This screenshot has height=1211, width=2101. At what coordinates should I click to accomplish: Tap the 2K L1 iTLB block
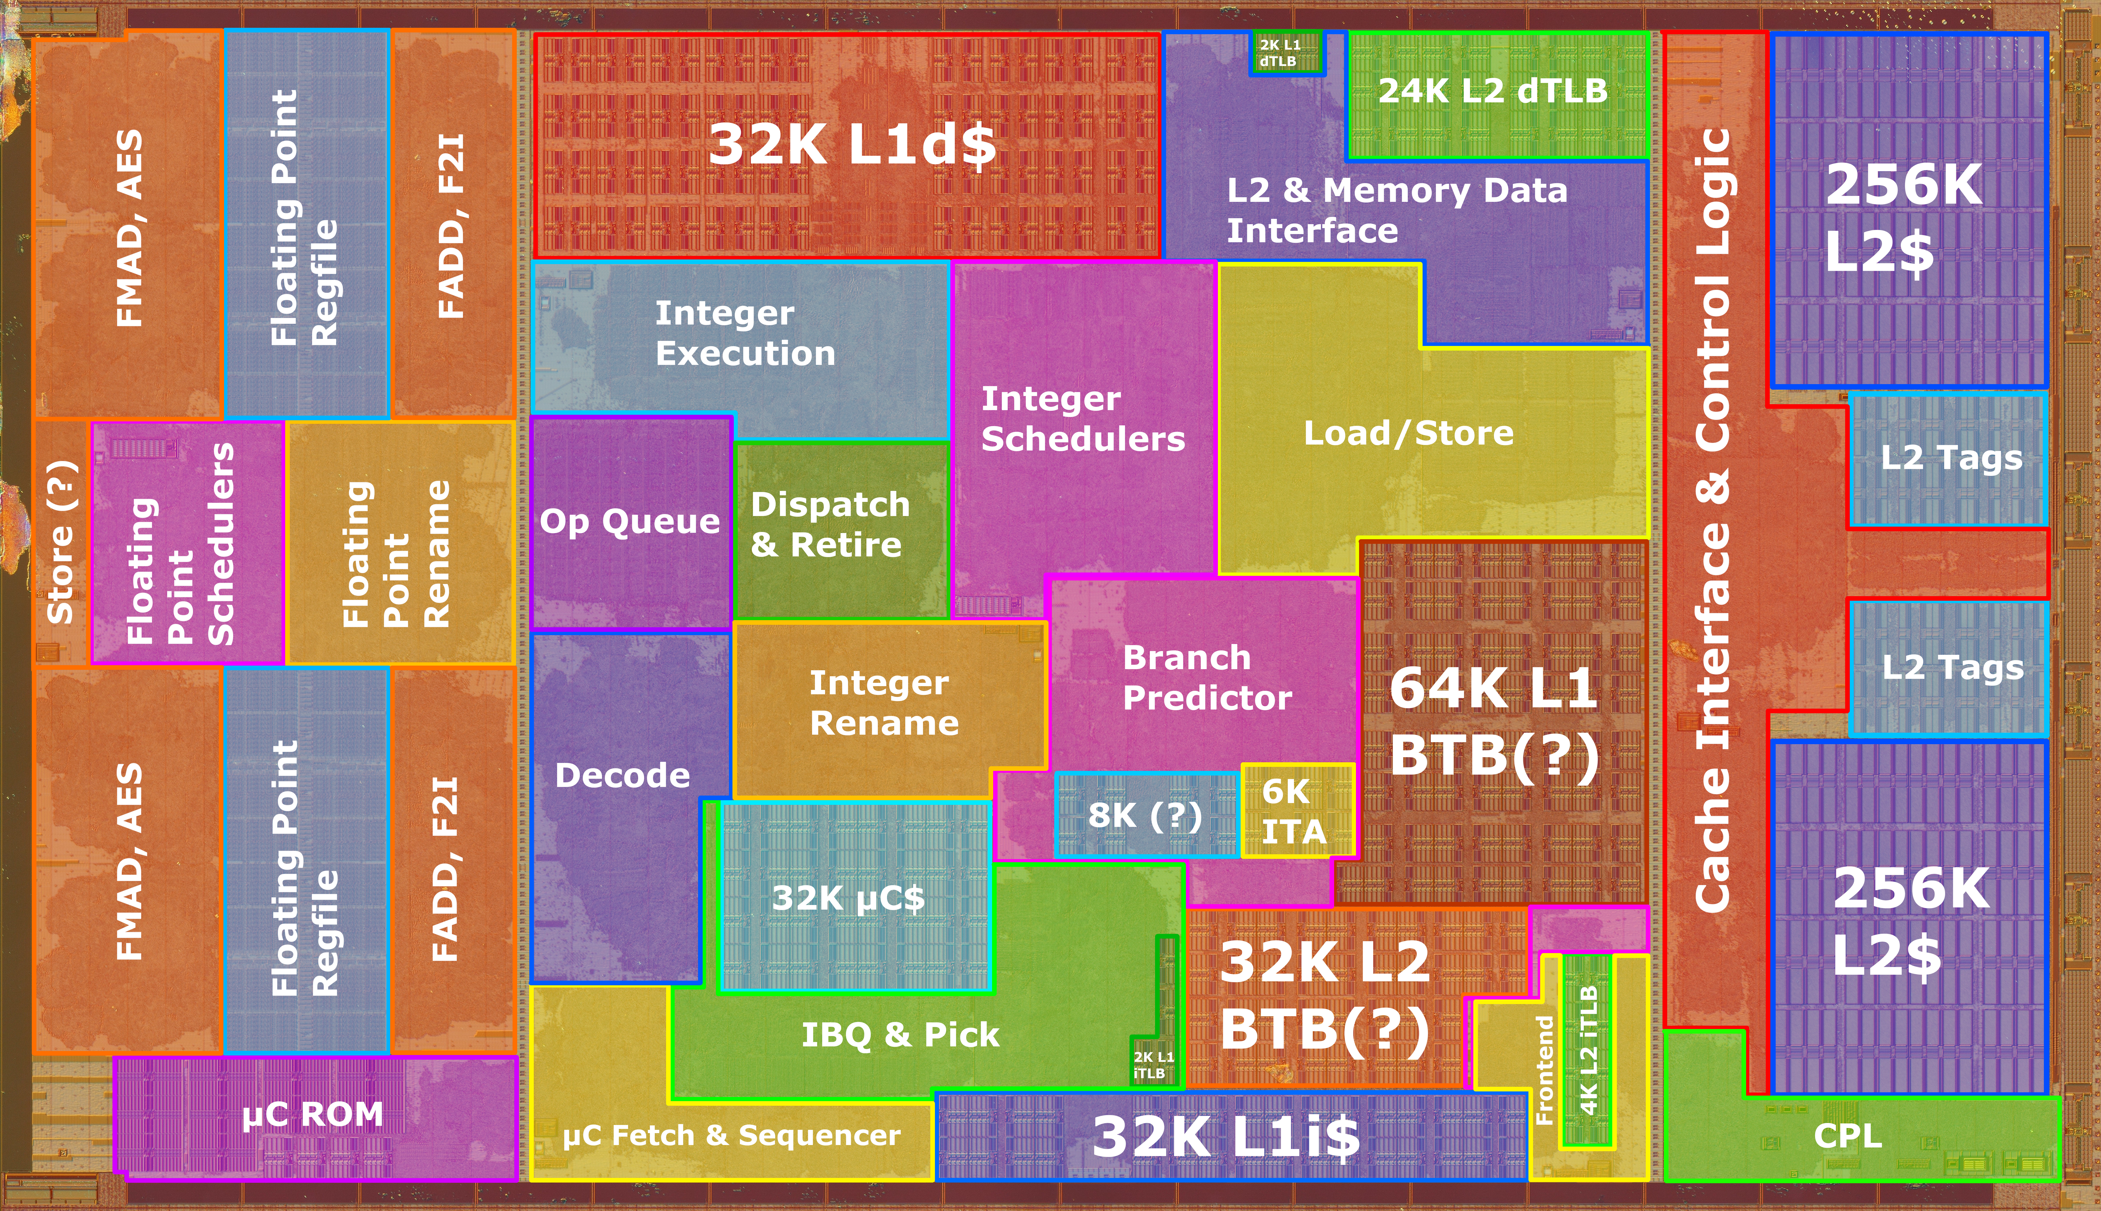[x=1155, y=1010]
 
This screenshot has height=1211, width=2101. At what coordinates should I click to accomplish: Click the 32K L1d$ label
[x=852, y=144]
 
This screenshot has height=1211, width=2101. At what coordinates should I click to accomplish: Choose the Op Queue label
[x=629, y=522]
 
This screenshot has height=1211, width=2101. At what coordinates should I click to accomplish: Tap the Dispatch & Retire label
[x=830, y=525]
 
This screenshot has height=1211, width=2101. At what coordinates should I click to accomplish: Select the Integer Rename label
[x=884, y=703]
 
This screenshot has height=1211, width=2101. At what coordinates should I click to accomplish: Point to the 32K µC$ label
[x=848, y=898]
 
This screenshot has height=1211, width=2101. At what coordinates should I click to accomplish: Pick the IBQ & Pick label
[x=900, y=1035]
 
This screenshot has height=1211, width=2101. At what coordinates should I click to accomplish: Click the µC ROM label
[x=313, y=1115]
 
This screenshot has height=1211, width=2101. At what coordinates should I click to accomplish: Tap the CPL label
[x=1847, y=1135]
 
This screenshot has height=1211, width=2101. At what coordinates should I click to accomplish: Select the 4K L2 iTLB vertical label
[x=1588, y=1050]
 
